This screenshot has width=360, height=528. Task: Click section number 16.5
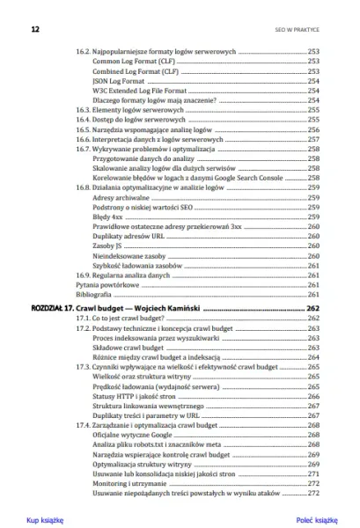(81, 129)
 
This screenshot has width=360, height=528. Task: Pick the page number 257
(312, 139)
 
